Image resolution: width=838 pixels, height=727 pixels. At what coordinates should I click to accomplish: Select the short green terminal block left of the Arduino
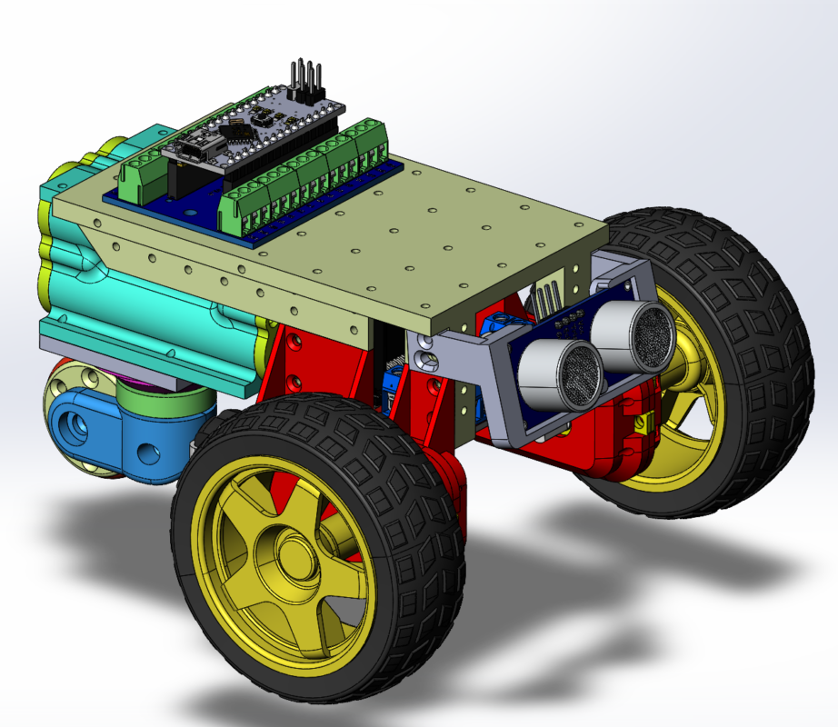142,174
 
